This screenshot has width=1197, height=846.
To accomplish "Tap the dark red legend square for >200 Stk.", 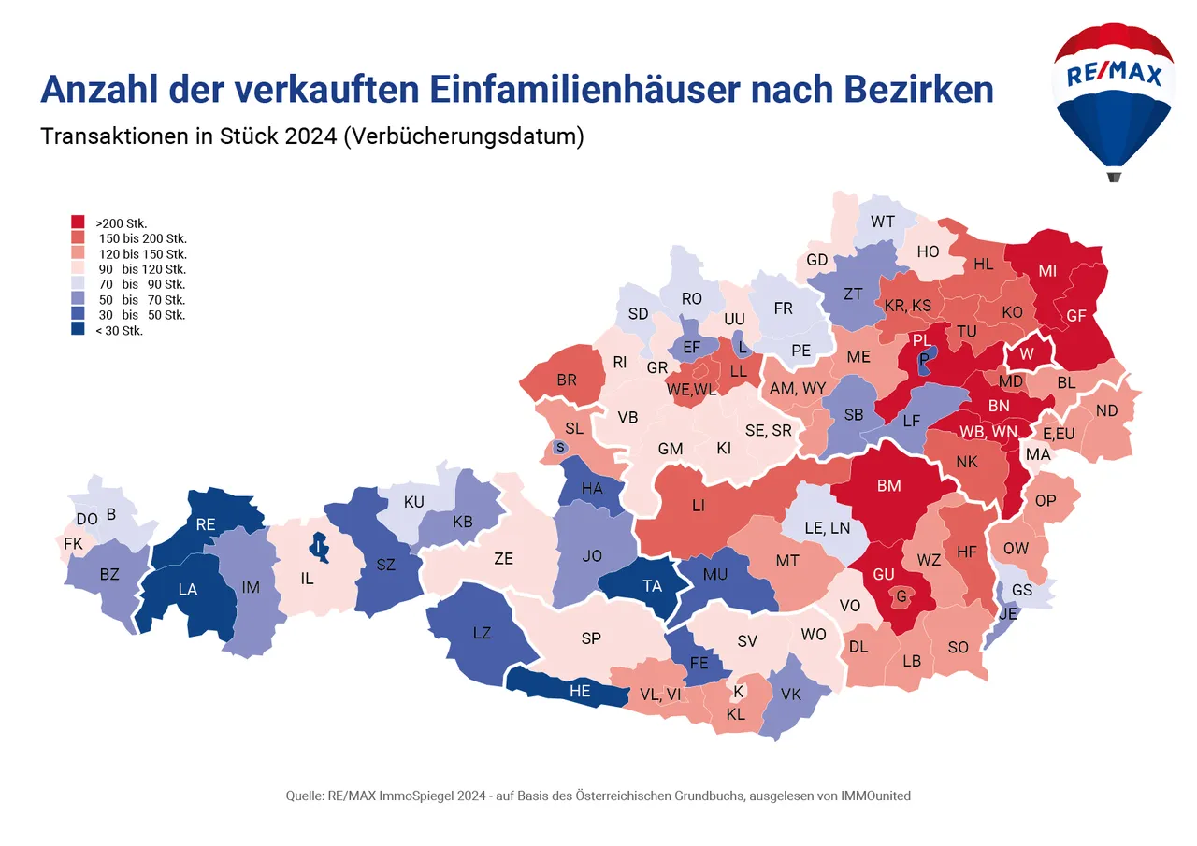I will (x=79, y=222).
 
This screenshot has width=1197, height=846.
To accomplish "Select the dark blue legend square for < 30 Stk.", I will (x=79, y=330).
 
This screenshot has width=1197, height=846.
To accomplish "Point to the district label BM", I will (x=888, y=486).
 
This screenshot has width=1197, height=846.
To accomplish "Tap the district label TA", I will (x=652, y=586).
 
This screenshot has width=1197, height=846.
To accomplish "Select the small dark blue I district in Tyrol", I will (x=320, y=547).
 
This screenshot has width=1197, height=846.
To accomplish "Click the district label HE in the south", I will (x=580, y=692).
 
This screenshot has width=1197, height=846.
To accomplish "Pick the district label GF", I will (x=1075, y=316).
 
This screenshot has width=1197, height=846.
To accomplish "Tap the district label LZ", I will (x=482, y=633).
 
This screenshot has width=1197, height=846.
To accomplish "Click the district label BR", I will (x=567, y=380).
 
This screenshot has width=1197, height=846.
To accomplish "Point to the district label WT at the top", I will (x=882, y=222).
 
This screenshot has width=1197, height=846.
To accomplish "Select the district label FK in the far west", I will (x=73, y=543).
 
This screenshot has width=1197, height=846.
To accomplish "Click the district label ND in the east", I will (x=1106, y=410).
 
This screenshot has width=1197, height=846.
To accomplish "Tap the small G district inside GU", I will (x=901, y=595).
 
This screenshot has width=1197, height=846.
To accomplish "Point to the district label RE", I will (x=206, y=525).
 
